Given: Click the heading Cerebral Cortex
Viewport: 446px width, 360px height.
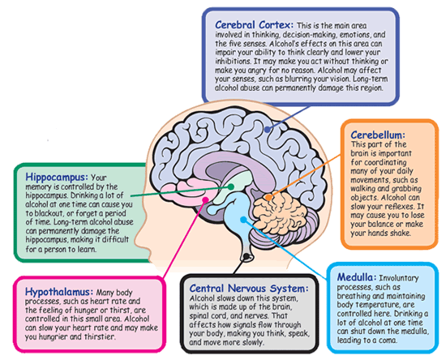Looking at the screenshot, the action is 254,25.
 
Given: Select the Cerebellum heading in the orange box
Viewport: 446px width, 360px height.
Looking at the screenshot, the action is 378,135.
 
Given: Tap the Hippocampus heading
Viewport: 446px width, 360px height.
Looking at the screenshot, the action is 57,177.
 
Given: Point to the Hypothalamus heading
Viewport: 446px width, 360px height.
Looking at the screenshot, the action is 59,292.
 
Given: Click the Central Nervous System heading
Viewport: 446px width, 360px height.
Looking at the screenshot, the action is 249,289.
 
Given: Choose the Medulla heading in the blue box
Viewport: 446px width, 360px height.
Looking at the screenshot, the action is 357,277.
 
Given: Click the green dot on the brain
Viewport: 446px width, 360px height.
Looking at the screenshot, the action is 231,186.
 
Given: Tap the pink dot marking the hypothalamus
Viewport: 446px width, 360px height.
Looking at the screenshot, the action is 205,200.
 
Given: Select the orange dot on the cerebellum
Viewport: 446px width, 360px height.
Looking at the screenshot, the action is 268,197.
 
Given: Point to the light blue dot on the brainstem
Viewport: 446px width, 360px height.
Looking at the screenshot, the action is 243,220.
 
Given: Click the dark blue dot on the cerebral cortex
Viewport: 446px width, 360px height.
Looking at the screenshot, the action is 267,130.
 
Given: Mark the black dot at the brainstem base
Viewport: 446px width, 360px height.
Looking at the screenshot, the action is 247,257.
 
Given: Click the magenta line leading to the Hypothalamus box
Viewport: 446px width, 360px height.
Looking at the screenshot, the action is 184,238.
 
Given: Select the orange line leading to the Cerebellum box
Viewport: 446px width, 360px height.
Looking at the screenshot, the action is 304,176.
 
